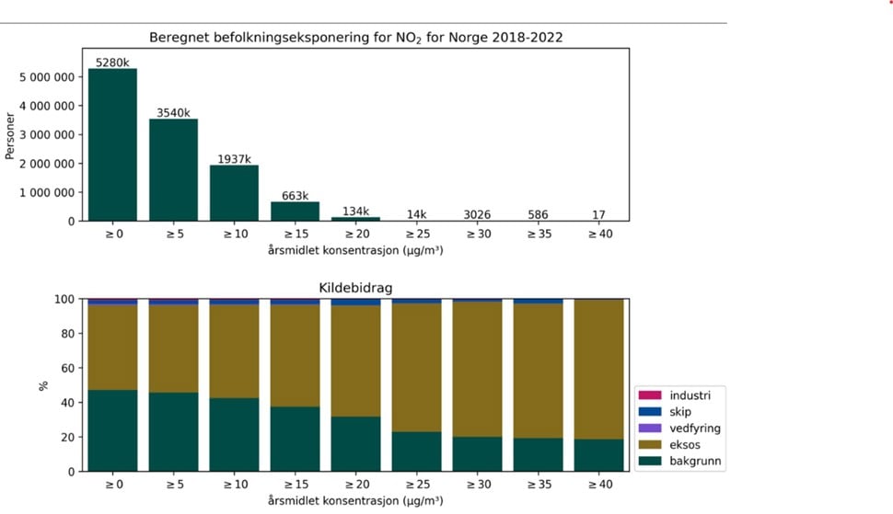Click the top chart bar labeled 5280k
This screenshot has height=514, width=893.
(112, 144)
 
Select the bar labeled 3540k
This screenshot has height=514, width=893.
(173, 170)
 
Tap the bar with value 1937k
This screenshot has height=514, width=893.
(234, 193)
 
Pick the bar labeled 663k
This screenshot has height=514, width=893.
(295, 211)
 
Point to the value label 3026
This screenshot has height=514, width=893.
(477, 214)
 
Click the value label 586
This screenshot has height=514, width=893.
(538, 214)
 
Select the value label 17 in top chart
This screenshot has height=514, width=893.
(598, 214)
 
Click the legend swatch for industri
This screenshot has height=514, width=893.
(650, 395)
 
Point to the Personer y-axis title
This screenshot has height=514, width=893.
(10, 134)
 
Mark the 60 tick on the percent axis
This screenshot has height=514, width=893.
(66, 368)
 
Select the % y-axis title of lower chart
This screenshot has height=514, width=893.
(43, 385)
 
